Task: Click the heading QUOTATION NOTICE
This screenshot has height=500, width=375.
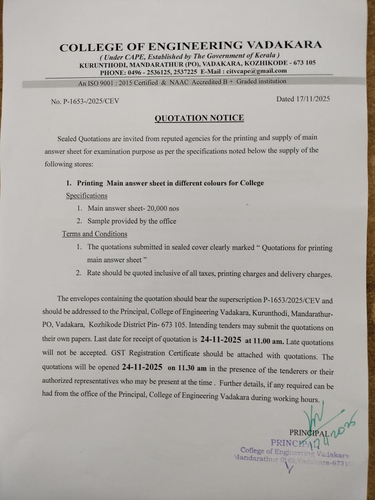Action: point(199,118)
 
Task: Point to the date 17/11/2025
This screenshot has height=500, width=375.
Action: point(313,99)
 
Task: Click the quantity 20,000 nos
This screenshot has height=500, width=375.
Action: point(163,208)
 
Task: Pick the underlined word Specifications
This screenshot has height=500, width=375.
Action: point(87,196)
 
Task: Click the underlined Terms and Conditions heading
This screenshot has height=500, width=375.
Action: point(94,234)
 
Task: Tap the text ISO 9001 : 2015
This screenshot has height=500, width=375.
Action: point(111,83)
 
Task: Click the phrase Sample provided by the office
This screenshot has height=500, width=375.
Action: point(132,221)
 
